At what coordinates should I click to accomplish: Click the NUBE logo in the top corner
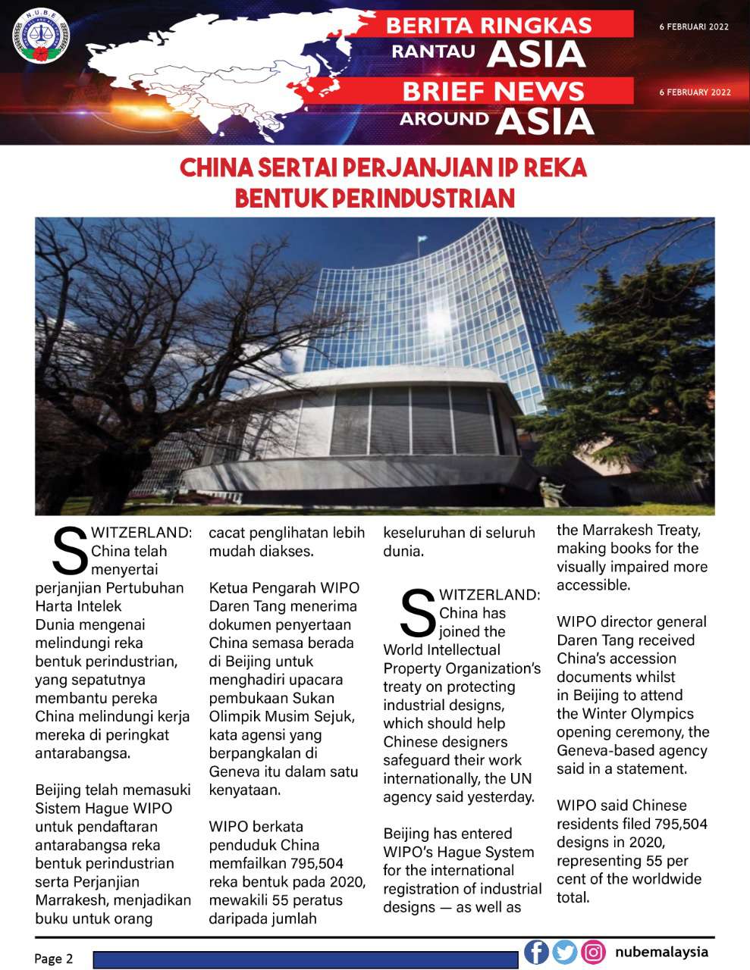click(x=41, y=37)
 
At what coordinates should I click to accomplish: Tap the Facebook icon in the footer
click(x=536, y=952)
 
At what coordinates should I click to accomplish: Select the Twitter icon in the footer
click(x=565, y=952)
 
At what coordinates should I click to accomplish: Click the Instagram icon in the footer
click(x=593, y=952)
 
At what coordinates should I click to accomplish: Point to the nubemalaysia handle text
click(x=661, y=952)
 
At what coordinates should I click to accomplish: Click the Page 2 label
click(x=53, y=959)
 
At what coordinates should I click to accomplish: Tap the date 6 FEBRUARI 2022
click(x=694, y=27)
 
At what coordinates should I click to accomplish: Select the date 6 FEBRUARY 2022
click(x=695, y=92)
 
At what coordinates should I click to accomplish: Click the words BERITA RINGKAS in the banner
click(x=489, y=25)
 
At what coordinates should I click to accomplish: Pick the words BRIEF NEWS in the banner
click(x=493, y=91)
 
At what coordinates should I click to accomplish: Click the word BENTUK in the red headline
click(x=281, y=199)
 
